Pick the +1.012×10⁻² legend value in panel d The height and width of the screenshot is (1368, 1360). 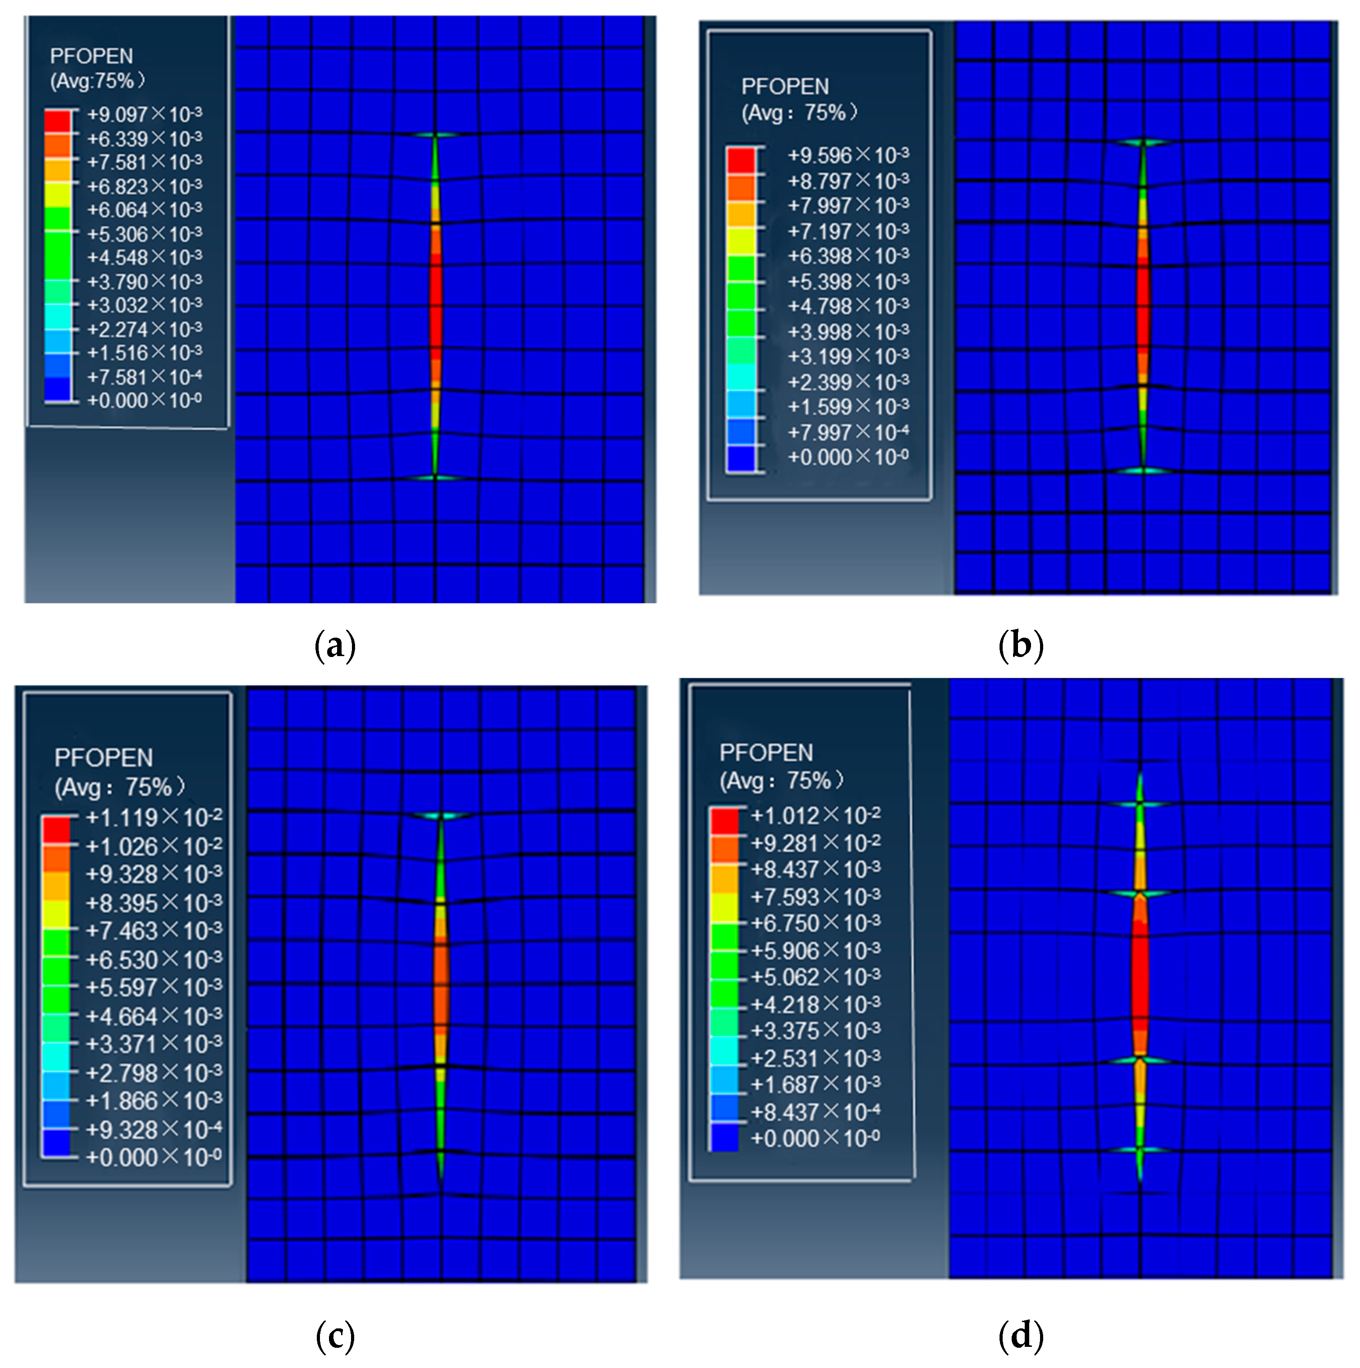815,816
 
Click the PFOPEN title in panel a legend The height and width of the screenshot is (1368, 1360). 91,57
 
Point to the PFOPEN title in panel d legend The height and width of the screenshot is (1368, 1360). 766,753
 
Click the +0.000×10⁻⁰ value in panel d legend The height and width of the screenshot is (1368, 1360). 815,1138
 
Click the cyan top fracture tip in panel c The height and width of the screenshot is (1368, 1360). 440,816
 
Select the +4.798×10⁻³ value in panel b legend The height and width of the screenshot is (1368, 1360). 848,306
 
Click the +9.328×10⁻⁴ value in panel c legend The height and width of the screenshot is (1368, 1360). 153,1130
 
